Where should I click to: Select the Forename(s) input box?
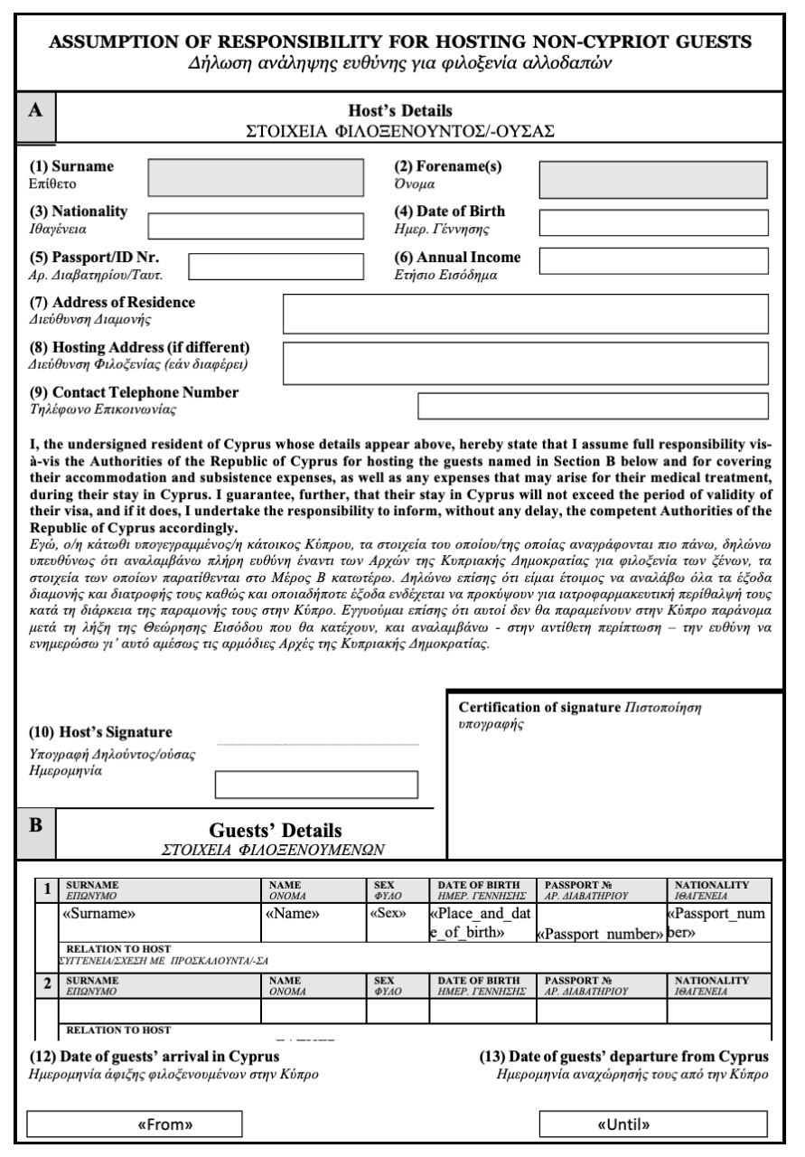point(653,179)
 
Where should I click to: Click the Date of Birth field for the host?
point(653,222)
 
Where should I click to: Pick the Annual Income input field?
point(653,262)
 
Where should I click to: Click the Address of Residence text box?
point(526,314)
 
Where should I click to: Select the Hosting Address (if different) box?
point(526,362)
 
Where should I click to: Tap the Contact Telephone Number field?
point(593,407)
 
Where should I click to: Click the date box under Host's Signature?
point(316,785)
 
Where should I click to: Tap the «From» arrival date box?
point(135,1124)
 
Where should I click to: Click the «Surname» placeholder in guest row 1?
point(98,914)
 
